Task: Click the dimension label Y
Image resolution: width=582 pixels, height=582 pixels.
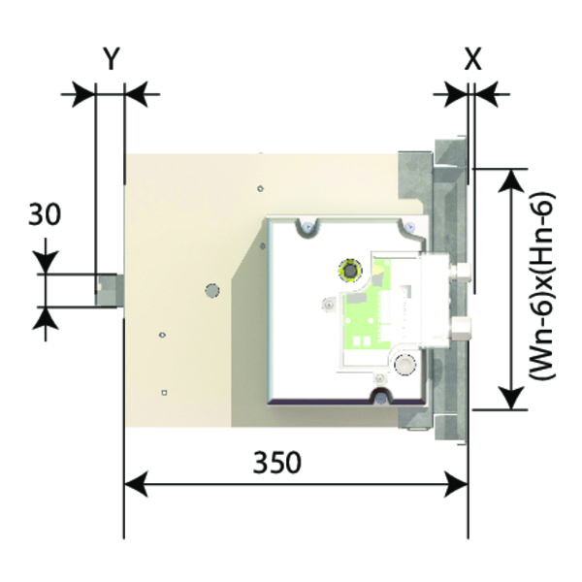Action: coord(111,59)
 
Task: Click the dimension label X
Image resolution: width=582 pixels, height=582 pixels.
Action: coord(473,59)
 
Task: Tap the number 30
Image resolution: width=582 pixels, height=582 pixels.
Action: coord(45,214)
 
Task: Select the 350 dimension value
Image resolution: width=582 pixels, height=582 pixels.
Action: coord(276,463)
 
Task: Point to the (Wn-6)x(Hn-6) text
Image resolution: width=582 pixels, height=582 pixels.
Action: coord(542,285)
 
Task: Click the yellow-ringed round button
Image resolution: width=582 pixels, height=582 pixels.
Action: coord(350,270)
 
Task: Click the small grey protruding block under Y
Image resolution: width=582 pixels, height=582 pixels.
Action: coord(110,290)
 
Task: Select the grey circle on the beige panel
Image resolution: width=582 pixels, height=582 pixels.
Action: coord(212,290)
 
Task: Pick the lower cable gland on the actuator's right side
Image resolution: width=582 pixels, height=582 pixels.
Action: coord(460,328)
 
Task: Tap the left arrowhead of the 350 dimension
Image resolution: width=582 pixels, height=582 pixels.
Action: coord(136,484)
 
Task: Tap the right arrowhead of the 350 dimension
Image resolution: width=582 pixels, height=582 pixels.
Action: coord(456,484)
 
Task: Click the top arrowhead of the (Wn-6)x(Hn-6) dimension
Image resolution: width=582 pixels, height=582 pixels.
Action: coord(512,180)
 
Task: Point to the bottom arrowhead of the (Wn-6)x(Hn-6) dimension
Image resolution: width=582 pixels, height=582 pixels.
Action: coord(512,398)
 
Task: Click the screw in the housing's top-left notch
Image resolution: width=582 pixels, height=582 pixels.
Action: coord(307,226)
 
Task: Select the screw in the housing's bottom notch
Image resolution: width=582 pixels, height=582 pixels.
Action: coord(379,398)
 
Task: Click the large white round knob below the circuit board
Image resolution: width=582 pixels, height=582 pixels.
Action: coord(404,365)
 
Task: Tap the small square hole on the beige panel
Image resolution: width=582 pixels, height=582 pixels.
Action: coord(164,392)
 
